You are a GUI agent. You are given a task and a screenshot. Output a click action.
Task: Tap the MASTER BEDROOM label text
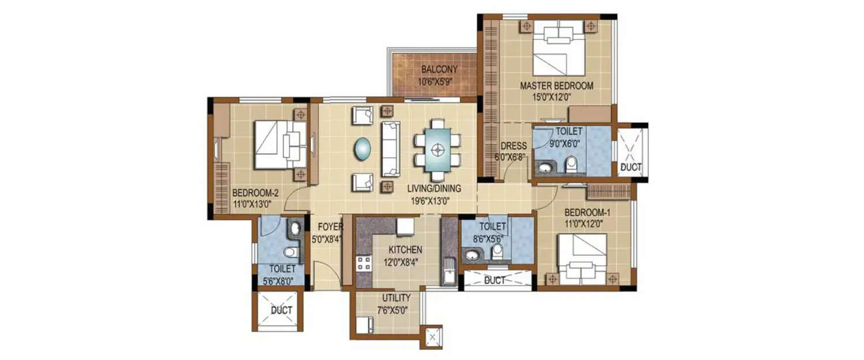click(x=556, y=86)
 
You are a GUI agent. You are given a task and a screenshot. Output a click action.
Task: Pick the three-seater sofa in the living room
click(x=391, y=149)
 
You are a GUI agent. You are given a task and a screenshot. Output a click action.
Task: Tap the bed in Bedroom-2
click(x=280, y=144)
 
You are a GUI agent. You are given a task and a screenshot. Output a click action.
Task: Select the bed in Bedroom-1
click(x=582, y=259)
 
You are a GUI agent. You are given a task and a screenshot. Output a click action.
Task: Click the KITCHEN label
click(x=405, y=250)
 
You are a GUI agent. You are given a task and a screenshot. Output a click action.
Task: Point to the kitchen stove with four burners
click(x=364, y=264)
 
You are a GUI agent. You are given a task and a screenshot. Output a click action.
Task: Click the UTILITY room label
click(x=396, y=298)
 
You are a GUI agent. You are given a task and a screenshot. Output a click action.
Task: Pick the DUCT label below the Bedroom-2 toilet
click(x=282, y=310)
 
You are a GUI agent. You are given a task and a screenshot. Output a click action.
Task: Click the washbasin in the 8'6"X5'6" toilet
click(x=473, y=255)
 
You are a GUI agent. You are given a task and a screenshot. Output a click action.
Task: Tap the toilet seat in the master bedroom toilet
click(x=571, y=165)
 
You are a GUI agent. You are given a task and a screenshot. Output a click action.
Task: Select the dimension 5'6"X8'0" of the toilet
click(x=282, y=281)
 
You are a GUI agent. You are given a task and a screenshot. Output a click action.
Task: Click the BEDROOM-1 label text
click(x=587, y=212)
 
